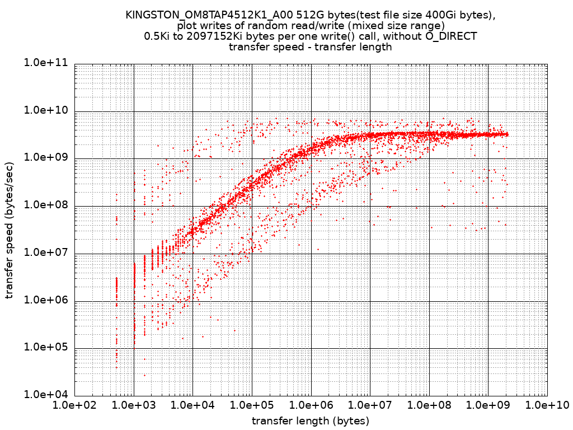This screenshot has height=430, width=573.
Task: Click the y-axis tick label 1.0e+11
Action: (x=45, y=63)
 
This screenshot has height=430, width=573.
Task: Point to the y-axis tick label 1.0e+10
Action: (x=45, y=110)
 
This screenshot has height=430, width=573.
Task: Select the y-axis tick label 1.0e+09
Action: (x=45, y=158)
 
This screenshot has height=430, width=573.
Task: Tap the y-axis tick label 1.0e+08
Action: (x=45, y=205)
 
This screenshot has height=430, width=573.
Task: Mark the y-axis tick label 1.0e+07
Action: (x=45, y=253)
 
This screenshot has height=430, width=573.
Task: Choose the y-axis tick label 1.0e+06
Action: (x=45, y=300)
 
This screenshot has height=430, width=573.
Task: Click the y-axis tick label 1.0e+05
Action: (x=45, y=347)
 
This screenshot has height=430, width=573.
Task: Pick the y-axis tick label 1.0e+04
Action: (x=45, y=394)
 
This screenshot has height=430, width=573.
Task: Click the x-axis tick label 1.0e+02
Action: (x=74, y=405)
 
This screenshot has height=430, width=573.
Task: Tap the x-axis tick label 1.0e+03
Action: (x=134, y=405)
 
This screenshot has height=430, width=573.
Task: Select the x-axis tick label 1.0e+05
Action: (x=252, y=405)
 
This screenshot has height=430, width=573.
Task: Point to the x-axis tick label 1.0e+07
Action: (x=370, y=405)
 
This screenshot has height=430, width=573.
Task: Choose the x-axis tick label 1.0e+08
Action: (x=429, y=405)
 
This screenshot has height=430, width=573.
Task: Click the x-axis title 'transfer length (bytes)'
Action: (x=311, y=420)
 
